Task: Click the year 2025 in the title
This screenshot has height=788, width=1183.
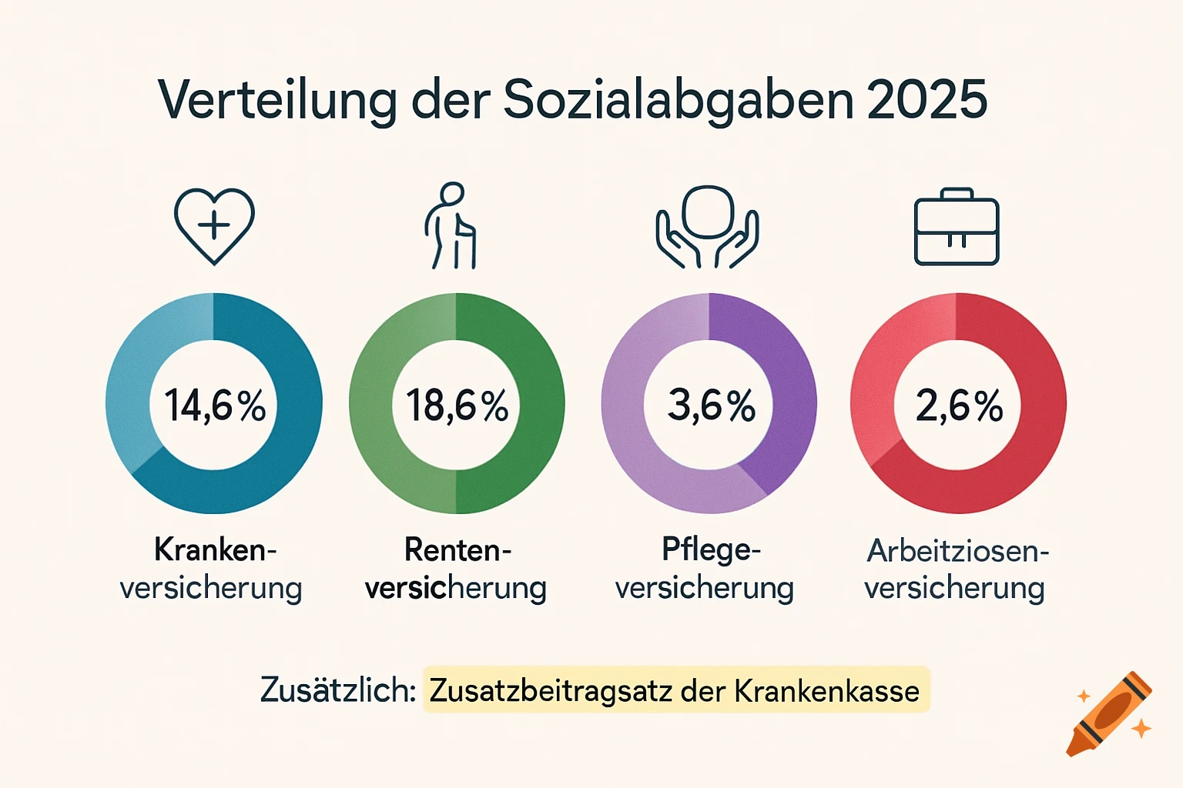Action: click(927, 99)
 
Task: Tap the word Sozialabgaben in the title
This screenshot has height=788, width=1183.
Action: click(679, 101)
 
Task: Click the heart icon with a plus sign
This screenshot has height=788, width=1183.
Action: click(214, 225)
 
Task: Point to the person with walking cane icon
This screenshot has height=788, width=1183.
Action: click(451, 225)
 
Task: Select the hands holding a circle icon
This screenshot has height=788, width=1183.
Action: click(707, 226)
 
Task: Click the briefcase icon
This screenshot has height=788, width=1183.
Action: click(957, 228)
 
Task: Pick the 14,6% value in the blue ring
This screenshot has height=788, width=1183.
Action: click(215, 405)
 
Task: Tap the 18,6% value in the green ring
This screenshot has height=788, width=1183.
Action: click(457, 405)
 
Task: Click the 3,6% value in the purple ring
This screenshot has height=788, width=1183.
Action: click(711, 405)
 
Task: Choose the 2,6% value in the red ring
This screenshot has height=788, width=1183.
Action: click(959, 405)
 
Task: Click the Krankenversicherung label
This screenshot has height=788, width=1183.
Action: click(212, 569)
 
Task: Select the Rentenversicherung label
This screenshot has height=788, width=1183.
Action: click(456, 569)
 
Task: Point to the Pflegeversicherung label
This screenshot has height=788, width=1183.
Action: click(705, 569)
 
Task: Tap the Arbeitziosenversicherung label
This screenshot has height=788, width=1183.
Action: click(956, 569)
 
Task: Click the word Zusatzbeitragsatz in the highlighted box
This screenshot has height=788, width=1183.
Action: click(551, 691)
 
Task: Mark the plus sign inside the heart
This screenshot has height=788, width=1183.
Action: click(214, 225)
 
